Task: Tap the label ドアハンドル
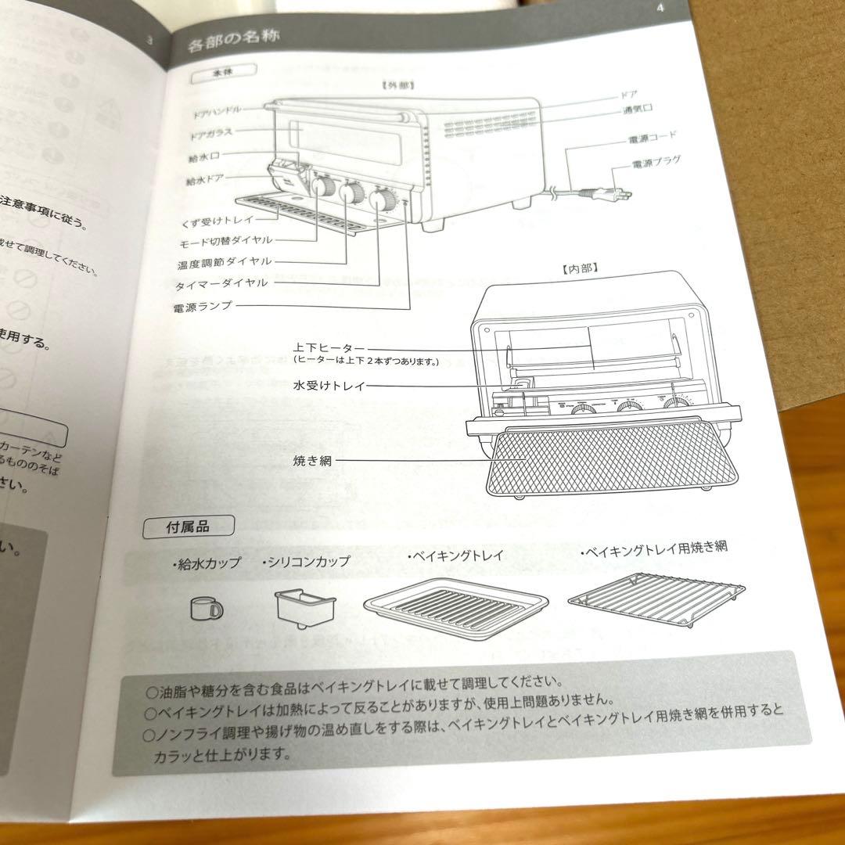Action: coord(217,111)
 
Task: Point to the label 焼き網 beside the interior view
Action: coord(312,461)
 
